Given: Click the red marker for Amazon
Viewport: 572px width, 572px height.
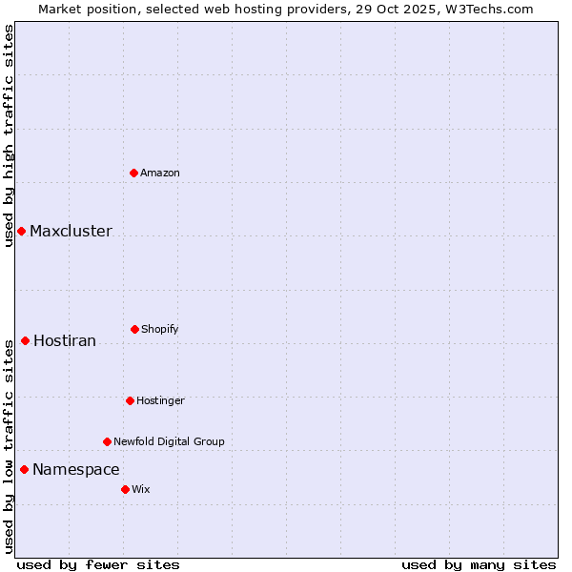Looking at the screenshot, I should pyautogui.click(x=133, y=173).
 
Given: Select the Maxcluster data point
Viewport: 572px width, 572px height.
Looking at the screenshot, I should pyautogui.click(x=21, y=231).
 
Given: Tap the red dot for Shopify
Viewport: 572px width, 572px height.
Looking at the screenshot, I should pyautogui.click(x=134, y=329).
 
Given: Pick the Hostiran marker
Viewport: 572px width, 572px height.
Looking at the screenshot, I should pyautogui.click(x=25, y=340).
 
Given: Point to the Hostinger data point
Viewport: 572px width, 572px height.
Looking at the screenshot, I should pyautogui.click(x=130, y=400).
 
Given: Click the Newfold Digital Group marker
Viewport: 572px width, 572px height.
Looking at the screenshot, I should pyautogui.click(x=107, y=441).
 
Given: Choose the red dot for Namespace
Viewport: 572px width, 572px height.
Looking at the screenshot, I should pyautogui.click(x=24, y=469).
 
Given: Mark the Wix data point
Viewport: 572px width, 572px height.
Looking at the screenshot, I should pyautogui.click(x=125, y=489).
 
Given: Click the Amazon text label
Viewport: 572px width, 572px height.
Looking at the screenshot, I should pyautogui.click(x=160, y=173).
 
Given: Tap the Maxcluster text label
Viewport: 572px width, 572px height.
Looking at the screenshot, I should pyautogui.click(x=71, y=232).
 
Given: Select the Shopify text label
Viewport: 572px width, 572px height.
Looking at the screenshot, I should pyautogui.click(x=160, y=329).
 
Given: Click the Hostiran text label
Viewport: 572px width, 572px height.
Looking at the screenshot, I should pyautogui.click(x=65, y=341).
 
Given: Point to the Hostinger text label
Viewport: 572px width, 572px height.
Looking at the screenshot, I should pyautogui.click(x=160, y=400).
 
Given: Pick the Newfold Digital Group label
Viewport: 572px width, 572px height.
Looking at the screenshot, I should pyautogui.click(x=169, y=441).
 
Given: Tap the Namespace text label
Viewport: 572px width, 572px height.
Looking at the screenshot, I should pyautogui.click(x=76, y=470).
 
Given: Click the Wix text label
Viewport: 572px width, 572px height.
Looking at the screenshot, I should pyautogui.click(x=141, y=489).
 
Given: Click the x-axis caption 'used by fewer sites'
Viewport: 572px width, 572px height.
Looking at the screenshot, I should pyautogui.click(x=98, y=564).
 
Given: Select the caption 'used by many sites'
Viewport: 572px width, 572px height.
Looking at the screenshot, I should pyautogui.click(x=479, y=564).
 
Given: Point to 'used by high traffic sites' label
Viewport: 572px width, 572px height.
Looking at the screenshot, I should pyautogui.click(x=9, y=135).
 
